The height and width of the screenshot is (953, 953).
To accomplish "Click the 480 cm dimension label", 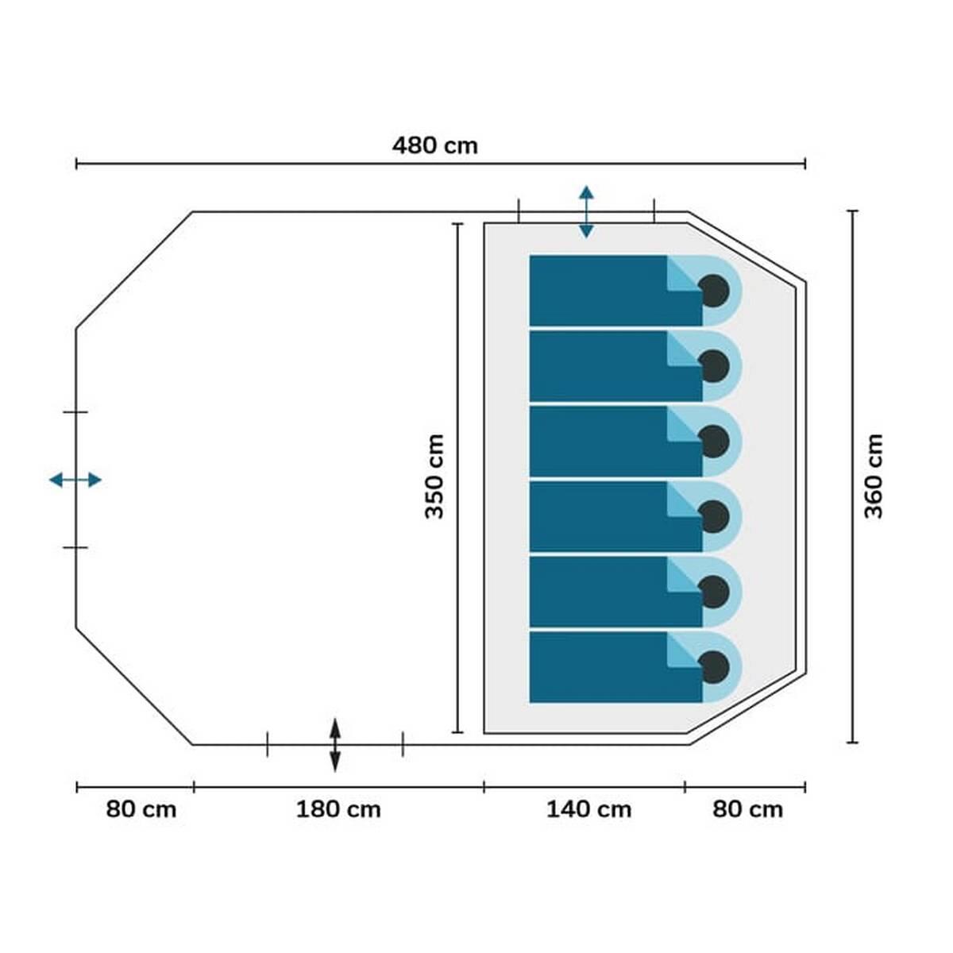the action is (434, 146).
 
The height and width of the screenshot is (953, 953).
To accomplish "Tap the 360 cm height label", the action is (874, 476).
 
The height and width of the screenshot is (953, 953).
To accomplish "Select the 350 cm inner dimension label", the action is (434, 476).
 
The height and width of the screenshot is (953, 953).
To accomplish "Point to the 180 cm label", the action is (338, 810).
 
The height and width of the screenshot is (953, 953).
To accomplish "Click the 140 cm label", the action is (588, 810).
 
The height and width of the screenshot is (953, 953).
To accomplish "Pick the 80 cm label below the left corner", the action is (141, 810).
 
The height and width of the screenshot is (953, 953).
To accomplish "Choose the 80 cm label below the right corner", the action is (747, 810).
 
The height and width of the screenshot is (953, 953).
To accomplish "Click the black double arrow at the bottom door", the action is (335, 745).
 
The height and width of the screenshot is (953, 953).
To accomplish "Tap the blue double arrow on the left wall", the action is (75, 480).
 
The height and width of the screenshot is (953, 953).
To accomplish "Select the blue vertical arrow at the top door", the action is (587, 212).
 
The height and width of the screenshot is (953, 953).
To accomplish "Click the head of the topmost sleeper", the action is (713, 291).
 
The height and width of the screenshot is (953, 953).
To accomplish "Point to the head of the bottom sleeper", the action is (713, 666).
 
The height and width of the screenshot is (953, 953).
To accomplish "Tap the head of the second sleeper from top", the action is (713, 366).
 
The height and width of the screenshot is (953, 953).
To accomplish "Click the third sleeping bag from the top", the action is (615, 441).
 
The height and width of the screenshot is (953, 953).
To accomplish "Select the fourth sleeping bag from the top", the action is (615, 516).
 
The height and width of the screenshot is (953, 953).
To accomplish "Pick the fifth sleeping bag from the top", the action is (615, 592).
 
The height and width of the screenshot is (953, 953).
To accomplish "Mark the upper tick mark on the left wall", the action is (75, 412).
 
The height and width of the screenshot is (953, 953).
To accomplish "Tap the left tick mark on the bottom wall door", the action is (268, 744).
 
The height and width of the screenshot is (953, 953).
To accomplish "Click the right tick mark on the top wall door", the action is (654, 211).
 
